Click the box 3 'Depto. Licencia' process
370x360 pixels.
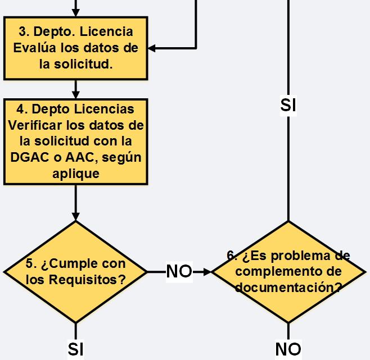click(x=76, y=48)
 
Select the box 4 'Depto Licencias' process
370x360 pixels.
click(x=76, y=142)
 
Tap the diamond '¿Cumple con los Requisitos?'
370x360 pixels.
click(x=76, y=272)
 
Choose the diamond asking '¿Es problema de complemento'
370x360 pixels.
click(x=288, y=272)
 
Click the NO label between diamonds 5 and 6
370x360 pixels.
click(x=179, y=272)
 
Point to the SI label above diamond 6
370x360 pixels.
click(x=288, y=106)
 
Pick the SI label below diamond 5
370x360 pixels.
click(x=75, y=349)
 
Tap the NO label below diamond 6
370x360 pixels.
click(x=288, y=349)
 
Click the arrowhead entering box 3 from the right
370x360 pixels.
click(x=151, y=48)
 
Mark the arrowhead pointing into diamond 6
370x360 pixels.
click(x=207, y=272)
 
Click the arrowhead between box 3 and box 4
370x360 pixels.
click(x=76, y=95)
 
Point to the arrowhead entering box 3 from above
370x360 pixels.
click(x=76, y=13)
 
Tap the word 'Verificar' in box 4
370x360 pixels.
click(x=35, y=125)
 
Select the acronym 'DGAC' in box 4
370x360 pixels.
click(x=30, y=157)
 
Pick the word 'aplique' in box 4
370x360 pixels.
click(x=76, y=174)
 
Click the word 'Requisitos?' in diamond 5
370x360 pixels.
click(x=87, y=280)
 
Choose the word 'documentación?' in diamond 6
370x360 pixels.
click(x=288, y=288)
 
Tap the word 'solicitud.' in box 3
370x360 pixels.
click(x=83, y=64)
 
